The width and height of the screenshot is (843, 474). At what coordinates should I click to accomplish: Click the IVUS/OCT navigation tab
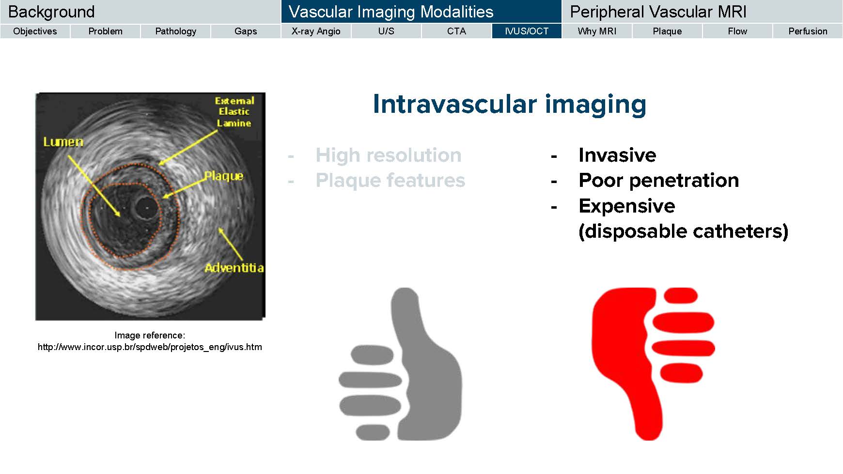click(527, 31)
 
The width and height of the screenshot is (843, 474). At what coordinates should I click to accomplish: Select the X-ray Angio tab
click(316, 31)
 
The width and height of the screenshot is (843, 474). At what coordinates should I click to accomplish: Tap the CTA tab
click(456, 31)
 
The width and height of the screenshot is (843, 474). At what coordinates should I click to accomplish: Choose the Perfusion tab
click(808, 31)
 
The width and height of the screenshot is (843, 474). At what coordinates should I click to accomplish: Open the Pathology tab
click(175, 31)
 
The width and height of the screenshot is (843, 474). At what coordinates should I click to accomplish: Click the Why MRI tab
click(597, 31)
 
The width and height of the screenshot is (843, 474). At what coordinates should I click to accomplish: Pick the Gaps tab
click(246, 31)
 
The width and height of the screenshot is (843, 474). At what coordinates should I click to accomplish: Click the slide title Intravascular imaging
click(510, 104)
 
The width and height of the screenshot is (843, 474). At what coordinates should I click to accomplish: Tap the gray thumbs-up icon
click(400, 364)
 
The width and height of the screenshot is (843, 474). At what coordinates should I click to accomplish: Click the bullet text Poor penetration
click(659, 180)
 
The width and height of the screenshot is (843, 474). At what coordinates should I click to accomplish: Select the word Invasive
click(617, 155)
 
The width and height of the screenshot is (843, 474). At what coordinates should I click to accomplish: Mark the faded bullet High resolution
click(389, 155)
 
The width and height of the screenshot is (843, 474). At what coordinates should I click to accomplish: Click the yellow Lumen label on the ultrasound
click(63, 142)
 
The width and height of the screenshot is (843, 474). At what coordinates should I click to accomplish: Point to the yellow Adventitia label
click(234, 268)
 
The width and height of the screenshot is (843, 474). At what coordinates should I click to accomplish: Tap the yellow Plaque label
click(223, 176)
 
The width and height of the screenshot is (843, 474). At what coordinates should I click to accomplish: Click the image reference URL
click(150, 347)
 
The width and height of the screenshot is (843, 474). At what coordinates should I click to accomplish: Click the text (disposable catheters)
click(684, 231)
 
